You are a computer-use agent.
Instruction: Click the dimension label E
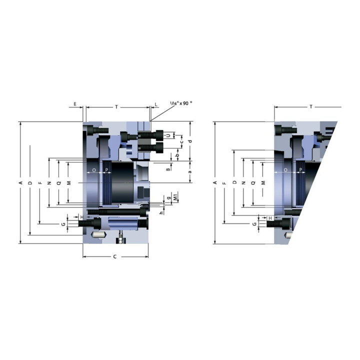click(75, 104)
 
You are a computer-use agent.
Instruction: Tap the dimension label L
click(156, 104)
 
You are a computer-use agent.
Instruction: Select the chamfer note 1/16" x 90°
click(181, 103)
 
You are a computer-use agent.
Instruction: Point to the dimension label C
click(115, 256)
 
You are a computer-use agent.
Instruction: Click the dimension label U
click(169, 135)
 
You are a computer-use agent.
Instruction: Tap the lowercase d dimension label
click(190, 141)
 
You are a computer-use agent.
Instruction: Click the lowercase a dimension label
click(190, 171)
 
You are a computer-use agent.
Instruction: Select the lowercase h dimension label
click(161, 213)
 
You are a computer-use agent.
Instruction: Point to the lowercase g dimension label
click(169, 197)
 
